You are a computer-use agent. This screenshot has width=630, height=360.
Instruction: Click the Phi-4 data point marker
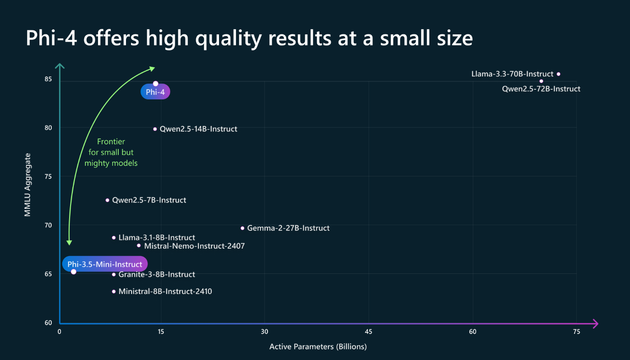point(156,83)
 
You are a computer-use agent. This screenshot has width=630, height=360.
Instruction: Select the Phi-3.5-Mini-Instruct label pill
point(105,264)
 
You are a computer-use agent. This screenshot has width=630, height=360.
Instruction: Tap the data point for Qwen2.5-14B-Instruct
point(155,129)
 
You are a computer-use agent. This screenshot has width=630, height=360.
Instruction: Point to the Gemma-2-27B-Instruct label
point(288,228)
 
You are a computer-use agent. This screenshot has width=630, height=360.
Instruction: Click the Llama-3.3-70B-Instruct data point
point(559,74)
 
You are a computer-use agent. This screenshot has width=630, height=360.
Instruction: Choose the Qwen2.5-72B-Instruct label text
point(541,89)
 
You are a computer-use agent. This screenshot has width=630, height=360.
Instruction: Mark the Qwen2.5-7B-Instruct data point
point(108,200)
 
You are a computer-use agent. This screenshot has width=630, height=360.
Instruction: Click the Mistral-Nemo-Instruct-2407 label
point(194,246)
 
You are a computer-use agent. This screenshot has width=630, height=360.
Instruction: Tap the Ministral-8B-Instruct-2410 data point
point(114,291)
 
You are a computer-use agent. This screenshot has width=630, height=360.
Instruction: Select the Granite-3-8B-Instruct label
point(157,274)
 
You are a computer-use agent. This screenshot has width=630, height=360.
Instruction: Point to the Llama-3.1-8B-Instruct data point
point(114,238)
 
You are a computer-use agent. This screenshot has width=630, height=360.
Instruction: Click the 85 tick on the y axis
point(48,79)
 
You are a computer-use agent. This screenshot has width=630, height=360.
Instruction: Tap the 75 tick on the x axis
point(576,332)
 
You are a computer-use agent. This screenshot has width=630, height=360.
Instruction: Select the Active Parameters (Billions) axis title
point(318,347)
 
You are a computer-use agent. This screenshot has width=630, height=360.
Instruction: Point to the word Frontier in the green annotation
point(111,142)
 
